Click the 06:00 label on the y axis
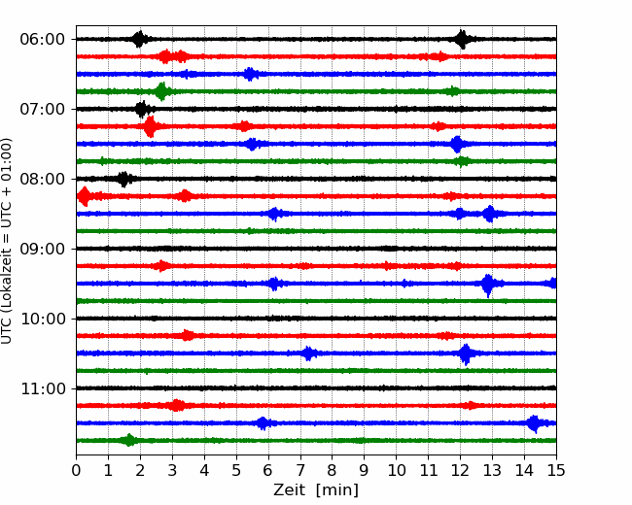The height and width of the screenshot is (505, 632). (43, 40)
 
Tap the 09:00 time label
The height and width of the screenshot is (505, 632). (43, 249)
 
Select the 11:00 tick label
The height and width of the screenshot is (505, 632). (43, 389)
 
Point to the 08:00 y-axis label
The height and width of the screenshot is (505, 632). (43, 180)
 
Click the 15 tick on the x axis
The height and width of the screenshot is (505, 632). (556, 470)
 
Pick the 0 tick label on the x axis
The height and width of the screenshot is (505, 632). (76, 470)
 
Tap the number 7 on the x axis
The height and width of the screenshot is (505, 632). (300, 470)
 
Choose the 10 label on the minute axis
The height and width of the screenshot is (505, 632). (396, 470)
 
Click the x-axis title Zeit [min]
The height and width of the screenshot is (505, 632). (316, 490)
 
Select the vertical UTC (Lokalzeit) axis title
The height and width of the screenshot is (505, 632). (7, 241)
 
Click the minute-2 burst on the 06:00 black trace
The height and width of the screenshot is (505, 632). (139, 39)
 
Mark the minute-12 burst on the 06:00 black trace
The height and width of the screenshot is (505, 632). (462, 39)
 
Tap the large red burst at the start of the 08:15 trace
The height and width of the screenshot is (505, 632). (85, 196)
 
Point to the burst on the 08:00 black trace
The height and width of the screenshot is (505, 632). (123, 179)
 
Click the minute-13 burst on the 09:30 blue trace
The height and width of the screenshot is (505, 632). (488, 285)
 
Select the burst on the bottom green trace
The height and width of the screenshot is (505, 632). (129, 440)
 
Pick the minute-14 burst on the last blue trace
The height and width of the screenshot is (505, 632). (535, 423)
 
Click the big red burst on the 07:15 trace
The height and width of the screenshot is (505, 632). (150, 126)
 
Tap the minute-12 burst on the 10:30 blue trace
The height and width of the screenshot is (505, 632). (466, 353)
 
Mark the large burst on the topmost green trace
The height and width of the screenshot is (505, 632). (162, 91)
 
